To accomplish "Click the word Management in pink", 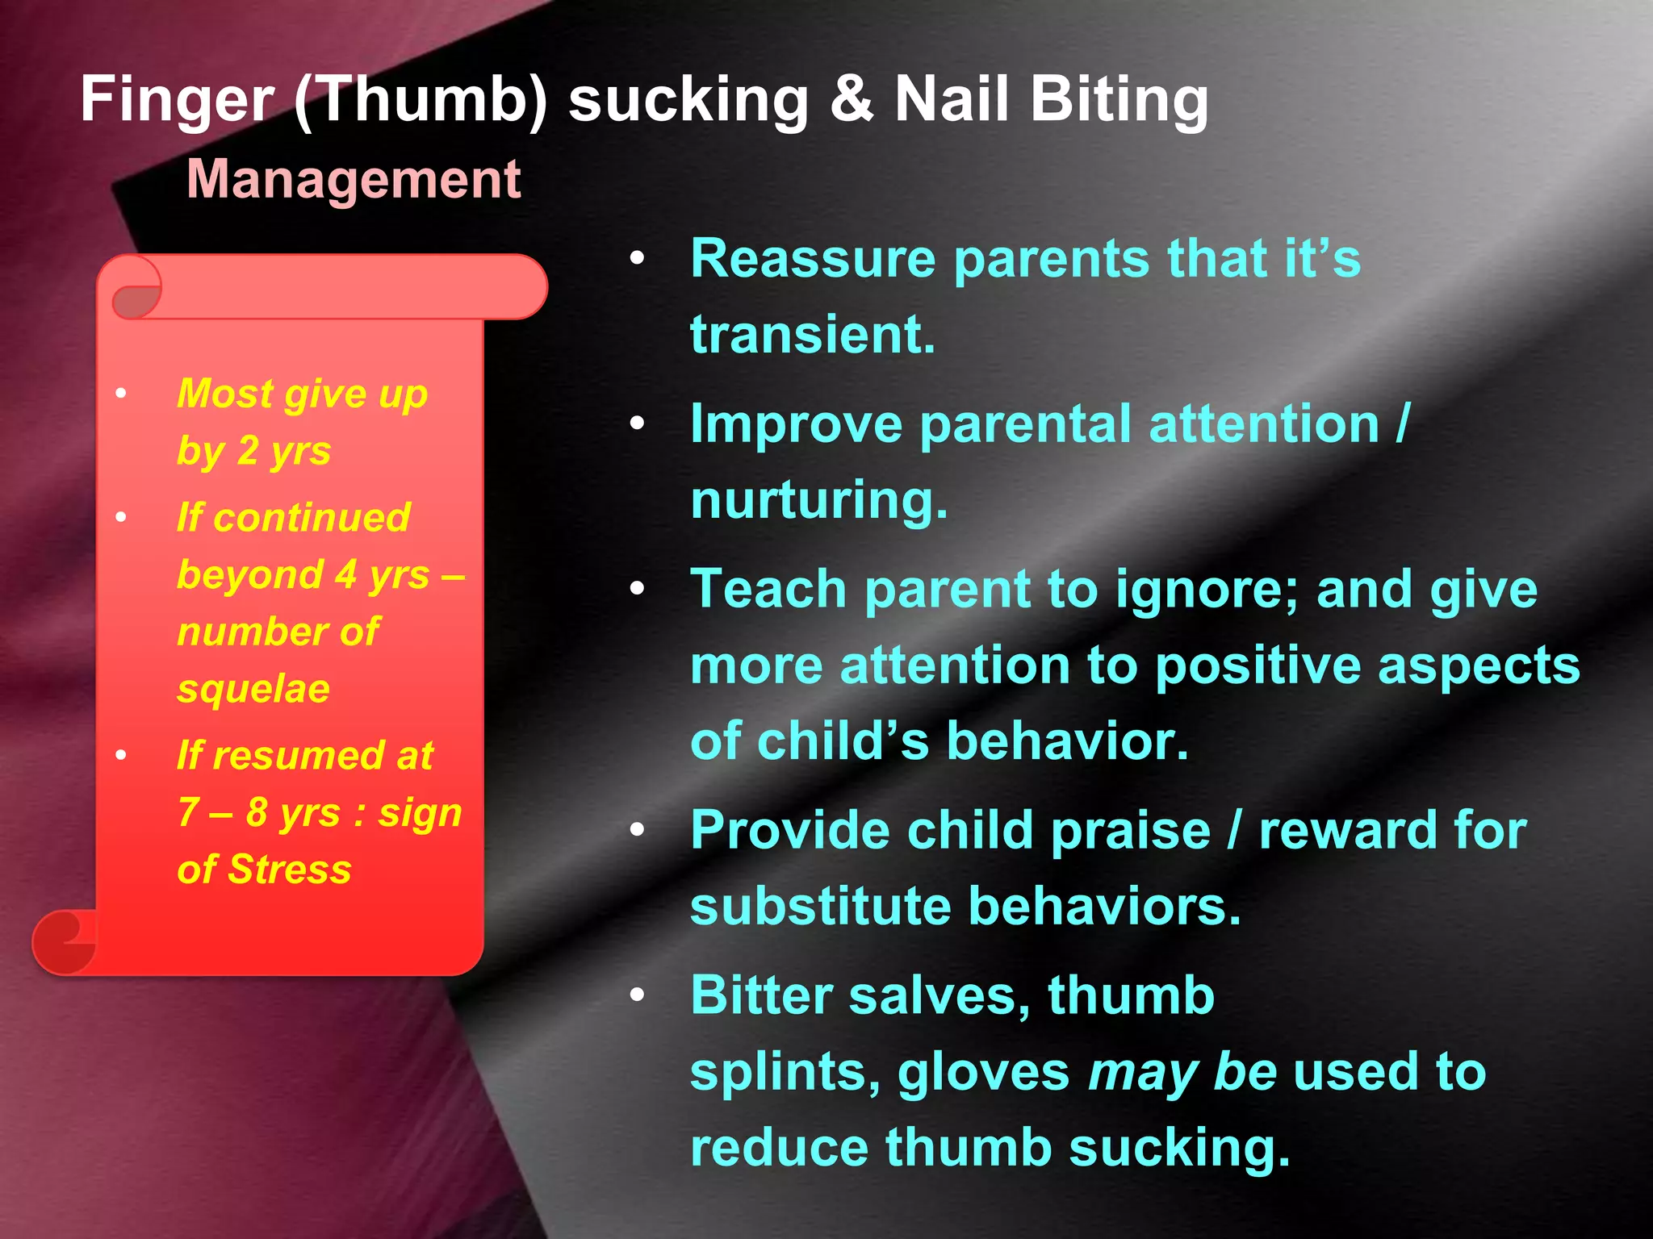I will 354,179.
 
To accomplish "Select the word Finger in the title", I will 177,100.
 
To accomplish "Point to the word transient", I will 812,335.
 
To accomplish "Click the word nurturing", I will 818,500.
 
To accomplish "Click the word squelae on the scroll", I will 253,689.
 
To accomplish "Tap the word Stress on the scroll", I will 289,870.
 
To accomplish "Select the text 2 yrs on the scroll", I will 283,452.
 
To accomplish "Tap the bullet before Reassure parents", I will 638,259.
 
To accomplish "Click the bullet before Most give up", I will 121,394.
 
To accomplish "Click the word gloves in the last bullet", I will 983,1074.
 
